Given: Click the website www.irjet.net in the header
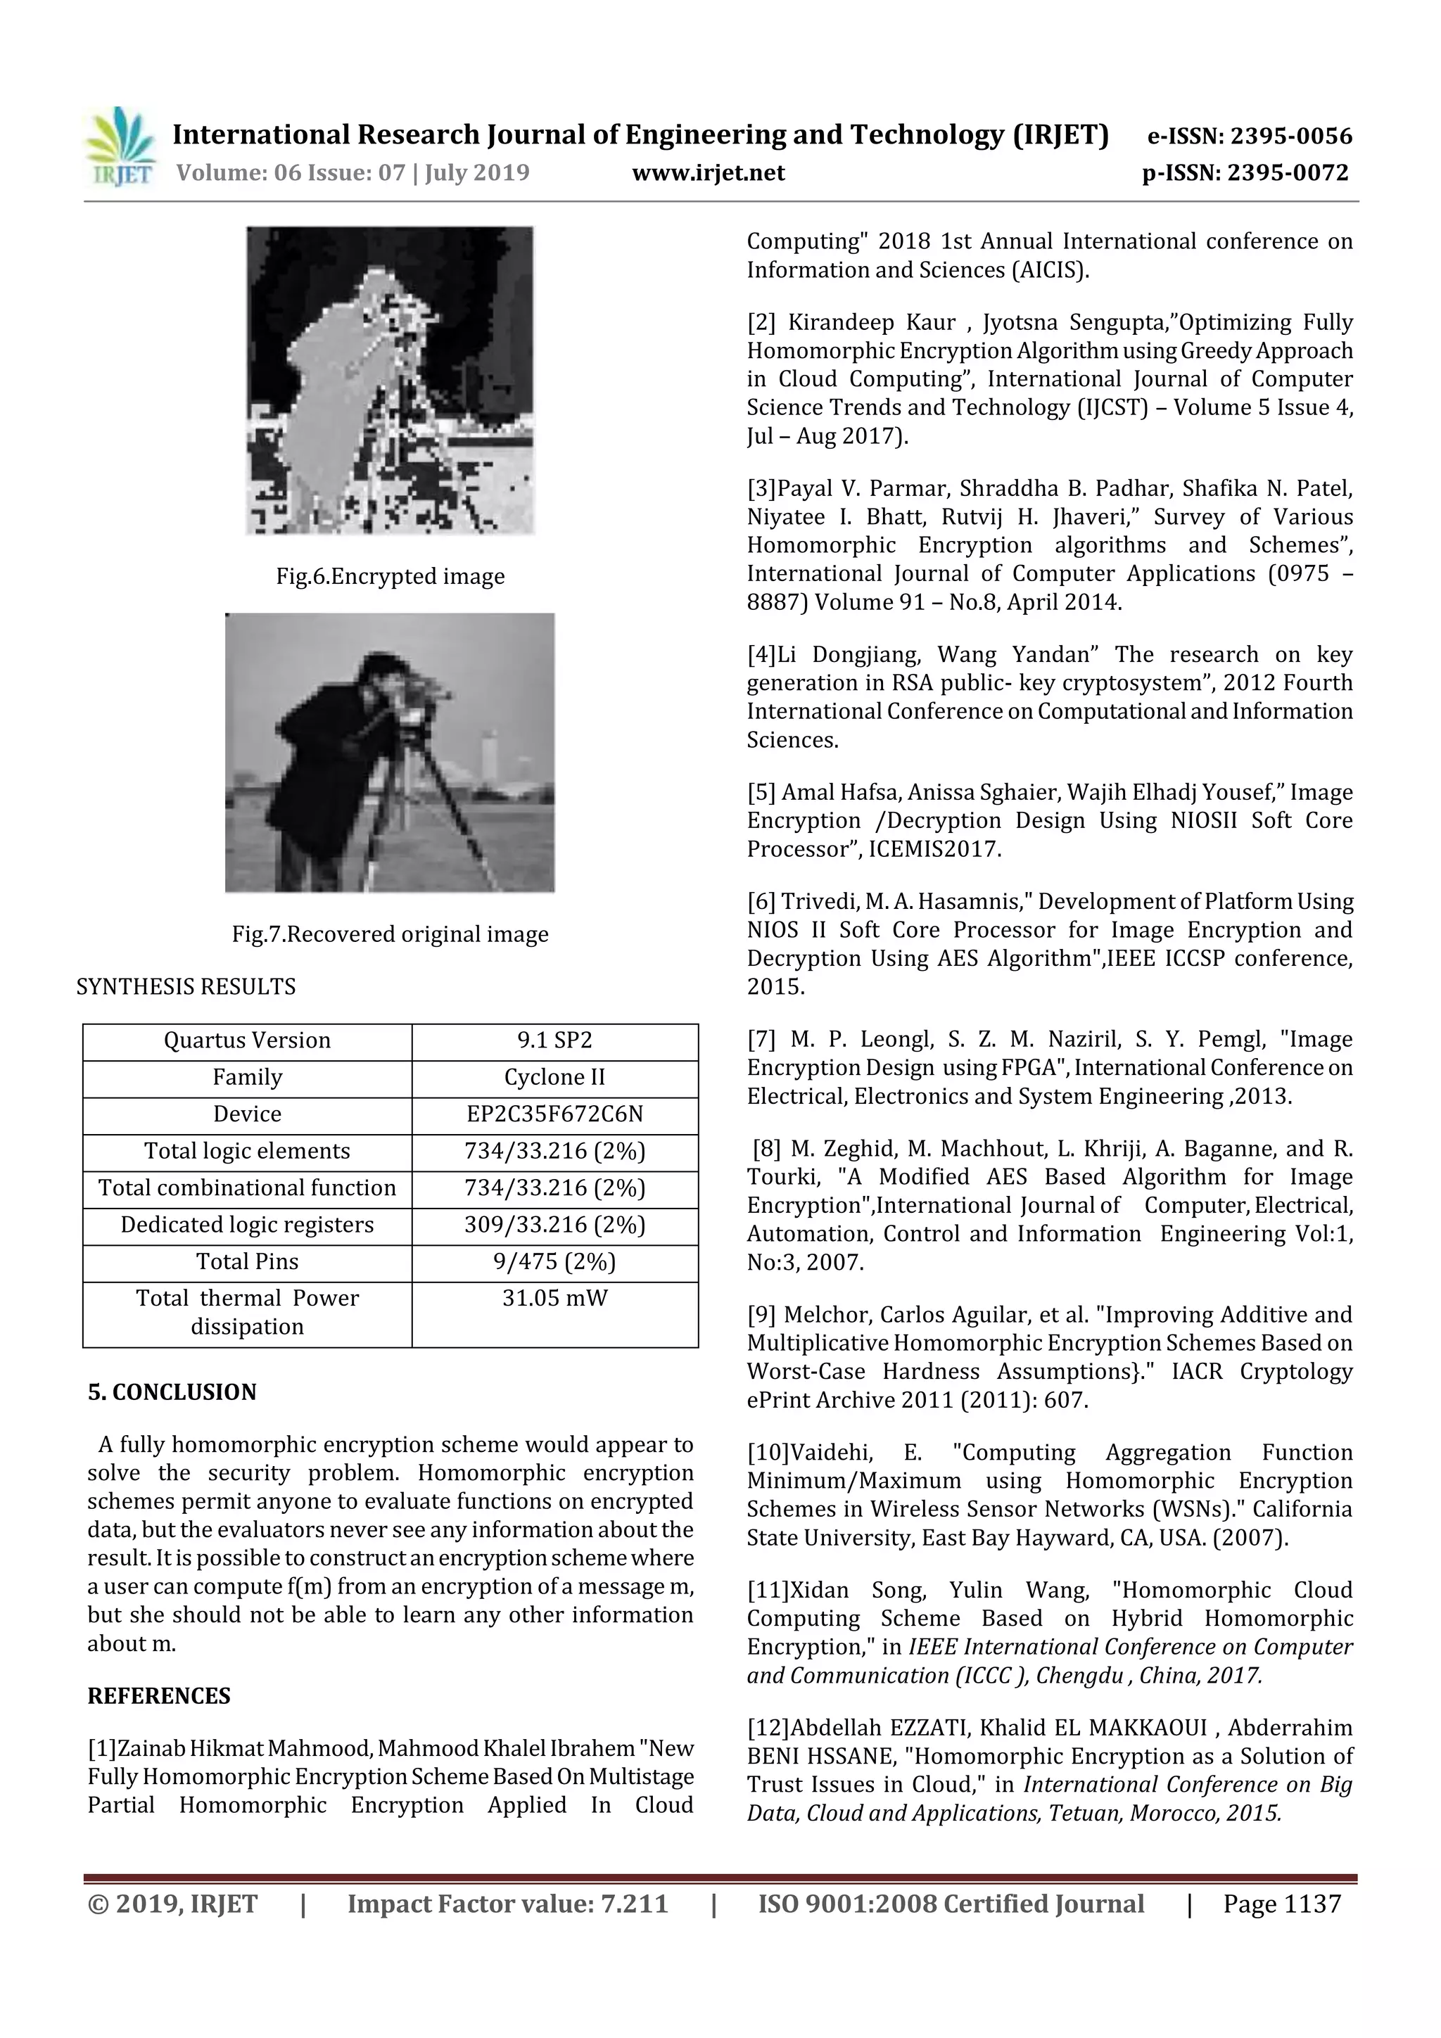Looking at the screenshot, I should coord(709,172).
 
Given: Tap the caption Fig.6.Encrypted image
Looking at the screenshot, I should coord(390,576).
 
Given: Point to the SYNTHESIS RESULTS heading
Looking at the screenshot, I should coord(186,986).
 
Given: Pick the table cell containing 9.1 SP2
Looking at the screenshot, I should coord(555,1040).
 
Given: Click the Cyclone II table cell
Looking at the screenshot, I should coord(555,1078).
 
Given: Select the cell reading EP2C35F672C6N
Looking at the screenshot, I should coord(555,1114).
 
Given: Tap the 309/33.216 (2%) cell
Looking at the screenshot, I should coord(555,1225).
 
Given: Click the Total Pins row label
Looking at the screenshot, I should coord(247,1261).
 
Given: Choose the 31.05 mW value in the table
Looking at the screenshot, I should coord(555,1299).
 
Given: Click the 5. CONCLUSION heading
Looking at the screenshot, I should coord(172,1391).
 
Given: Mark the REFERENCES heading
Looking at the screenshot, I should coord(158,1696).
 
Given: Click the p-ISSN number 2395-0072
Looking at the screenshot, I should coord(1288,172).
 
